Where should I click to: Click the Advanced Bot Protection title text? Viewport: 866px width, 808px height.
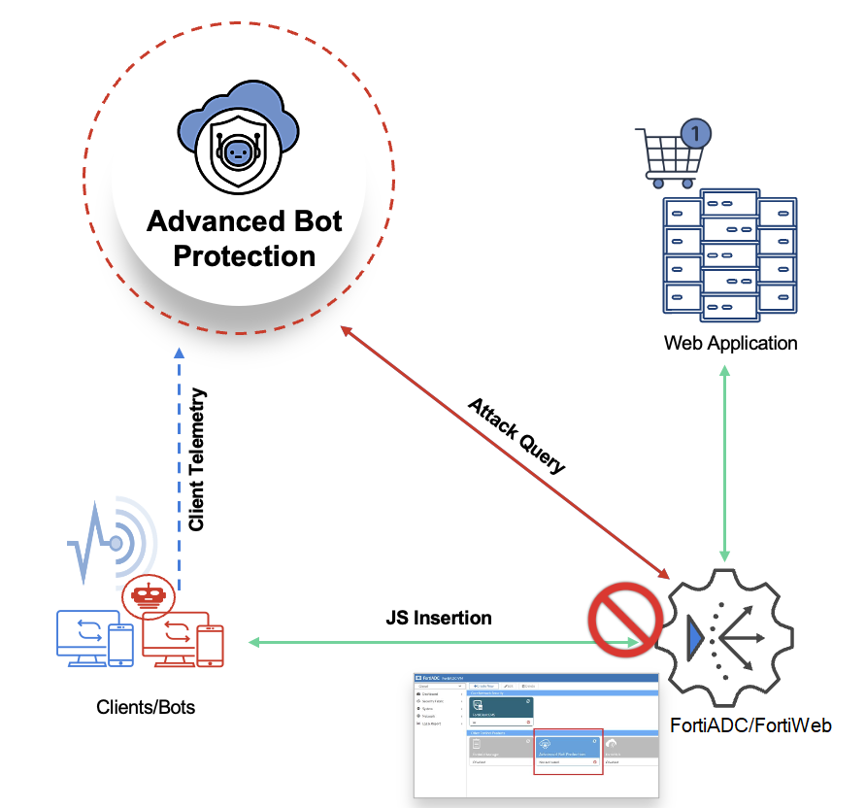[x=244, y=238]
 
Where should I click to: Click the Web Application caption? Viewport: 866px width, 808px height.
[x=730, y=343]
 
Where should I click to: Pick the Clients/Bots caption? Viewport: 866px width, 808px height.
[x=146, y=707]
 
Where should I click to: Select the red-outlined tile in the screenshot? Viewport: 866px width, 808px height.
[x=568, y=750]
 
